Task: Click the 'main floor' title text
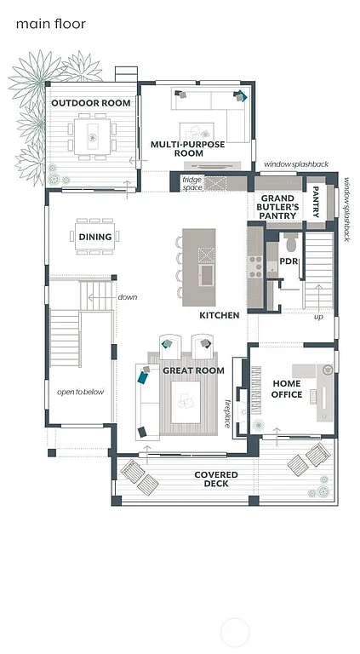[x=51, y=24]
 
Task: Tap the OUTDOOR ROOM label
[x=91, y=103]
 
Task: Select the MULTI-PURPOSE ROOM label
[x=188, y=149]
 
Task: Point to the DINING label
[x=95, y=238]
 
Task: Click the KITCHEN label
[x=219, y=315]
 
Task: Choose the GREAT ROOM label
[x=193, y=370]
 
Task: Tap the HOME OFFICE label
[x=287, y=389]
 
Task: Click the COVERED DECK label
[x=216, y=479]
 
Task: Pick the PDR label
[x=289, y=261]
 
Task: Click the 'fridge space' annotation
[x=191, y=183]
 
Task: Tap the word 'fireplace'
[x=227, y=412]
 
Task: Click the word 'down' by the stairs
[x=128, y=297]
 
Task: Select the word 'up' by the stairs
[x=318, y=317]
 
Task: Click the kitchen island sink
[x=207, y=275]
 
